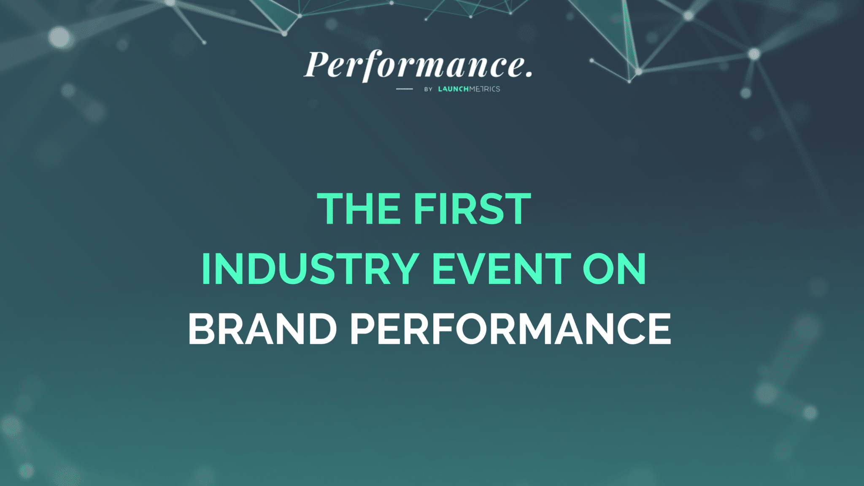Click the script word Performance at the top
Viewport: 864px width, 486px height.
point(416,65)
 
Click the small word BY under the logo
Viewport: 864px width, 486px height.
point(428,89)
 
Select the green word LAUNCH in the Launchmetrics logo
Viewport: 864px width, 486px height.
point(454,89)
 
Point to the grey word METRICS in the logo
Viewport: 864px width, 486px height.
point(485,89)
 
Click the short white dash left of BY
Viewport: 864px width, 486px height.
point(404,89)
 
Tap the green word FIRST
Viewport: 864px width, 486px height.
point(472,209)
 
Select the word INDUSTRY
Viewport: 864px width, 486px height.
point(310,269)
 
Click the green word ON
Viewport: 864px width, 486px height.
point(614,269)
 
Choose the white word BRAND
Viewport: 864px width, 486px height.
point(262,329)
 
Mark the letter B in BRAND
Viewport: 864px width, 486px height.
point(202,329)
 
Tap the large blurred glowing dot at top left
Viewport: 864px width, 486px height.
point(59,37)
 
